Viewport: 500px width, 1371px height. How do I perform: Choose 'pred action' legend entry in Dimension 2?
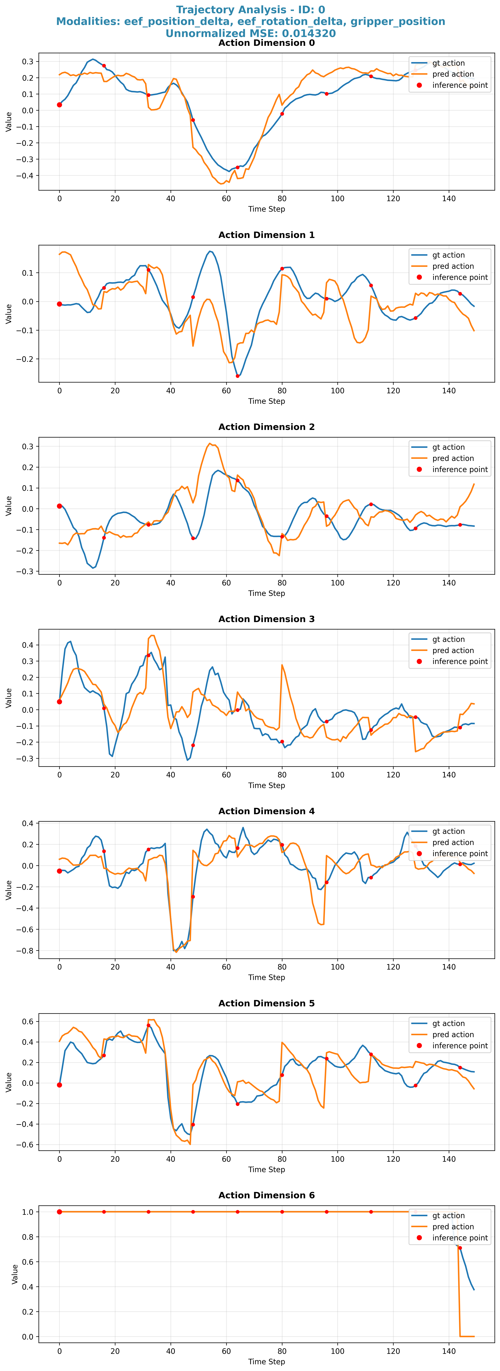[x=453, y=458]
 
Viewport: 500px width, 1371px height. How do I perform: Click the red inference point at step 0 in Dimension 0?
[x=60, y=105]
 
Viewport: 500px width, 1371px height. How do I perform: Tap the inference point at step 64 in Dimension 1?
[x=237, y=376]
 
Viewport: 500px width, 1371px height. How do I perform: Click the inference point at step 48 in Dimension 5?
[x=193, y=1125]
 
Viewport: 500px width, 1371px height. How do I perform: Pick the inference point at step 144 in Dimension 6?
[x=460, y=1248]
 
